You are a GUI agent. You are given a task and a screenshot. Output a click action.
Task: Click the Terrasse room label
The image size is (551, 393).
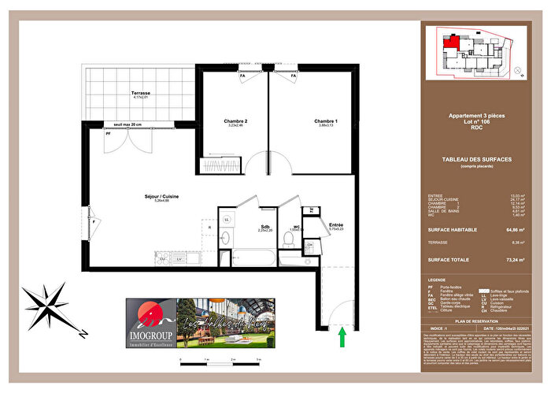141,93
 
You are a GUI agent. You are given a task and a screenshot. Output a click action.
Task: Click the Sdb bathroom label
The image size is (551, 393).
265,227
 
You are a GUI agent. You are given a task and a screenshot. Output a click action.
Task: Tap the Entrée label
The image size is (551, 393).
335,224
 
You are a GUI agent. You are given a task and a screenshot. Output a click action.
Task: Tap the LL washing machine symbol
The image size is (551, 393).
227,219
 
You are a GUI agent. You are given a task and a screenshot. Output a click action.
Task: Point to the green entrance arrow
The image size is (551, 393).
342,337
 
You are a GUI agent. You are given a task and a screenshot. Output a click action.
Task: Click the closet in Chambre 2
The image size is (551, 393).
217,166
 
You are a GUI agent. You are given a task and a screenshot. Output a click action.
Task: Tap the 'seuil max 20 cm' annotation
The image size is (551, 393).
128,124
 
